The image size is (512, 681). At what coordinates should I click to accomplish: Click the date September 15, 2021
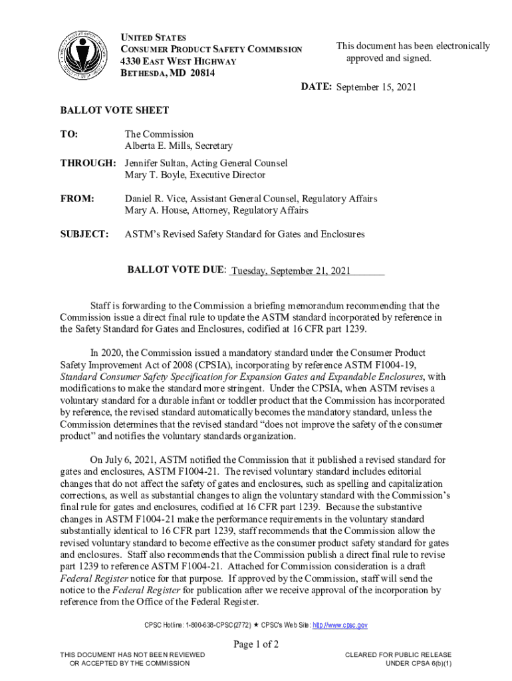pos(378,88)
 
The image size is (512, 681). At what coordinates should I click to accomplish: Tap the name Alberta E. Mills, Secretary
pos(178,146)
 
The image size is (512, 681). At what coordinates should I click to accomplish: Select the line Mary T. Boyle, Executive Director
pos(195,175)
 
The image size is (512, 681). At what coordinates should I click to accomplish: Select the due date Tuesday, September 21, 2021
pos(291,271)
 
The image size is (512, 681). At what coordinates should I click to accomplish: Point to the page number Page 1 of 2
pos(255,644)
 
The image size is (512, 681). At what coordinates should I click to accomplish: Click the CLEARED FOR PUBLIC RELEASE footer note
pos(398,655)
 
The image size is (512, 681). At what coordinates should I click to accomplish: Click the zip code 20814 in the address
pos(202,73)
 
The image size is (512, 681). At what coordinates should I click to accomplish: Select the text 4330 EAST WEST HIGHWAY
pos(178,61)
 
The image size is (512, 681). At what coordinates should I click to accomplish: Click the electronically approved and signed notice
pos(412,52)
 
